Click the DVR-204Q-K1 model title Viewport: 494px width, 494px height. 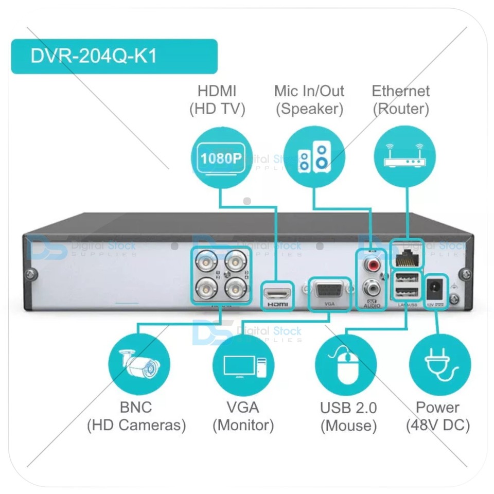point(94,56)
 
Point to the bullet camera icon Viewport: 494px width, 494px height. point(138,364)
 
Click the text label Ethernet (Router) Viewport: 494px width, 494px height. point(400,100)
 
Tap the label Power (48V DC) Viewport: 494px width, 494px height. point(437,416)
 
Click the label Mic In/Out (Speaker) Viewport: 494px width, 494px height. point(309,100)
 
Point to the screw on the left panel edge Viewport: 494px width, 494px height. point(31,275)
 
